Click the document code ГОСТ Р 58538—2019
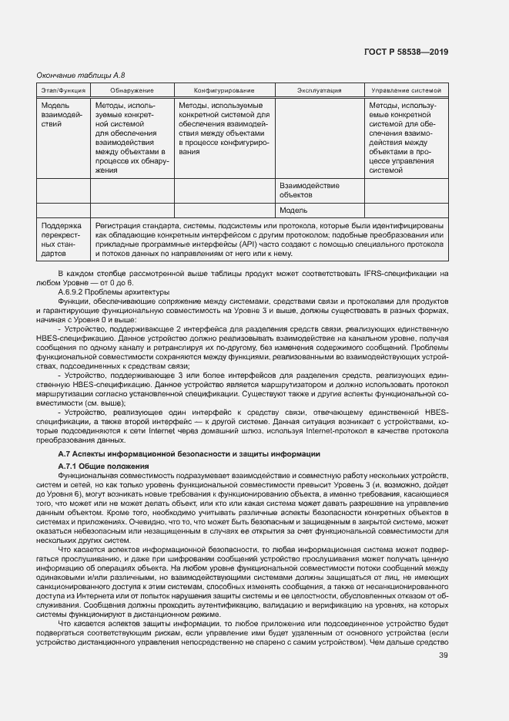coord(407,52)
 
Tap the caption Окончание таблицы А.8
coord(75,75)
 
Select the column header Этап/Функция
coord(63,91)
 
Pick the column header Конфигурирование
coord(224,91)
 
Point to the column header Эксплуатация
coord(319,91)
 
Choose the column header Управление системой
coord(406,91)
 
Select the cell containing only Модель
coord(293,210)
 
